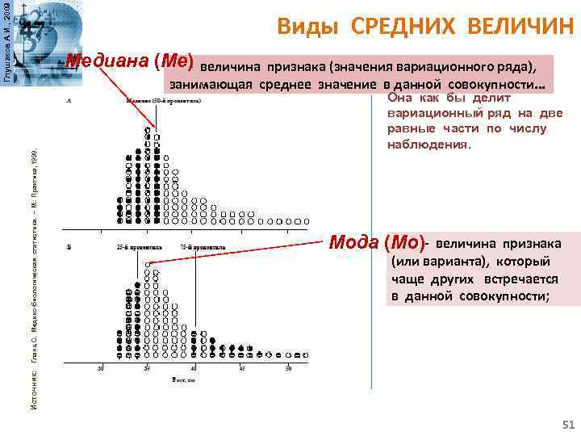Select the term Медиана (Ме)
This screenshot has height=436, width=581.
coord(129,61)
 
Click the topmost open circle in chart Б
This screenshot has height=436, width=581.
coord(148,264)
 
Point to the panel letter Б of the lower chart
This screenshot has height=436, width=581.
coord(69,245)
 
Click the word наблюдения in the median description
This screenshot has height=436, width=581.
coord(428,143)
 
